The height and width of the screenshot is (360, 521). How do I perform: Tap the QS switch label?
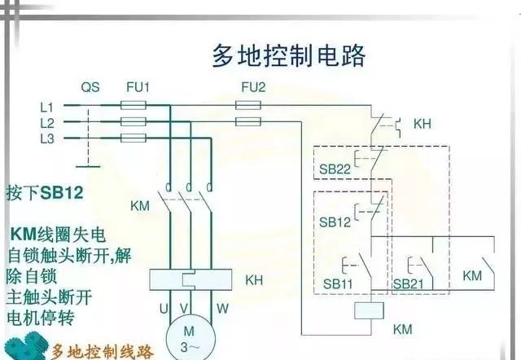(x=90, y=87)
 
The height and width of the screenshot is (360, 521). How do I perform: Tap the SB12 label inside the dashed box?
(x=335, y=222)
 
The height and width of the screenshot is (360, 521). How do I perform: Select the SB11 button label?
(x=335, y=283)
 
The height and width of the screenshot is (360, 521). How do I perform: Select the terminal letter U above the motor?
(x=164, y=307)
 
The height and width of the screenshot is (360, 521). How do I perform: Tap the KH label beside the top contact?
(x=422, y=125)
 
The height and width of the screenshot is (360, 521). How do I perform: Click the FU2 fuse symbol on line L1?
(x=247, y=105)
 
